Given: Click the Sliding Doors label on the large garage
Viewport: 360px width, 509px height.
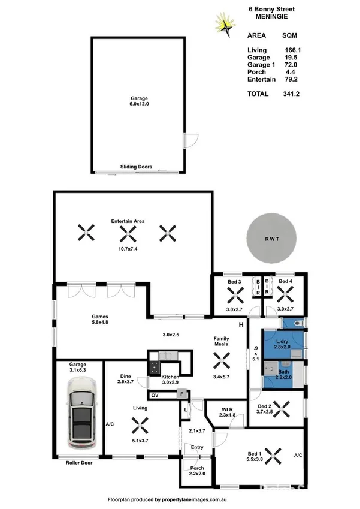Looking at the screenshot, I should point(136,167).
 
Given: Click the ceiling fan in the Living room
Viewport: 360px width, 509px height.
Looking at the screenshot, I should point(141,427).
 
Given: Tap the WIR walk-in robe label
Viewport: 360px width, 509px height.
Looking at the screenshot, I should point(227,408).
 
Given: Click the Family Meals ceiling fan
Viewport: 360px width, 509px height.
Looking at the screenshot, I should point(222,359).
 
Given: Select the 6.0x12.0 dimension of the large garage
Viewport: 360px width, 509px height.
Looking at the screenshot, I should point(139,104).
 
